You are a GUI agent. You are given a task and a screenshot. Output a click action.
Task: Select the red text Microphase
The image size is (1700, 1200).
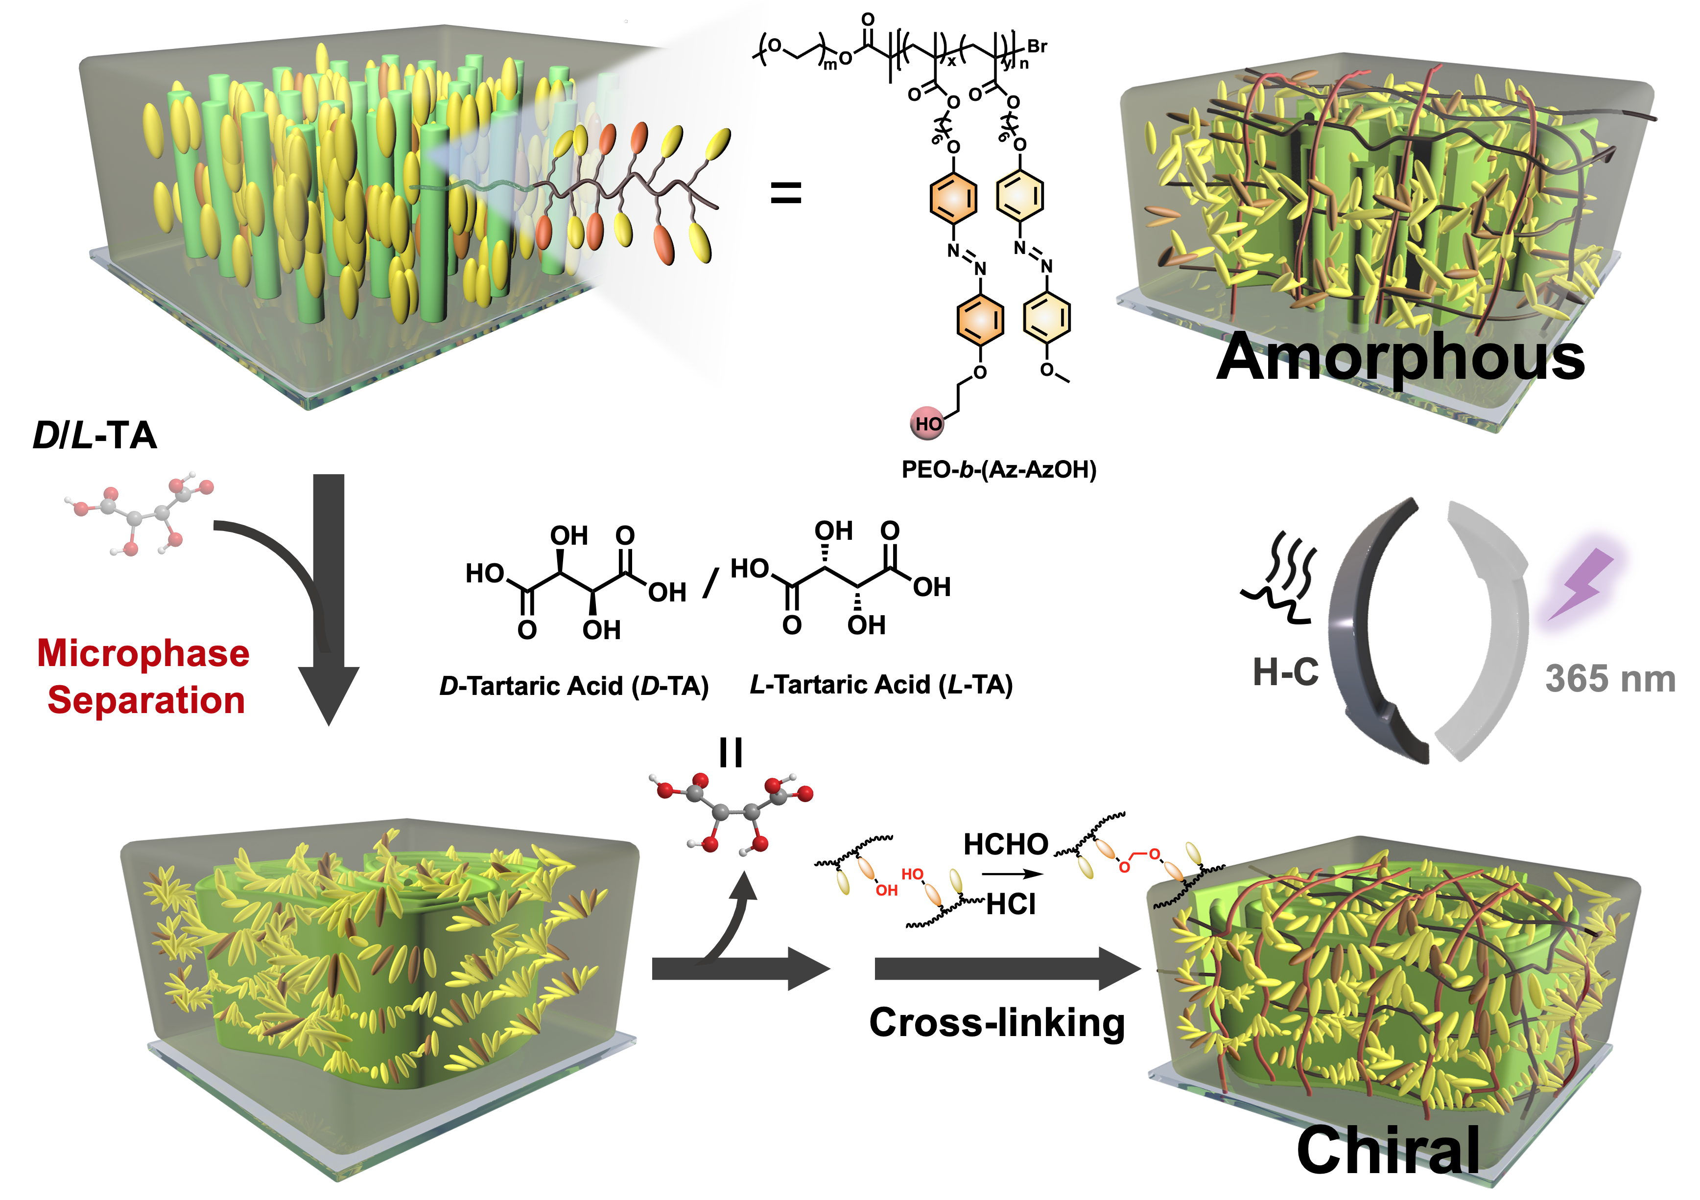tap(143, 654)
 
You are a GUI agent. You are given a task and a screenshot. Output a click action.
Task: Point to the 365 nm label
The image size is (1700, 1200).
tap(1610, 679)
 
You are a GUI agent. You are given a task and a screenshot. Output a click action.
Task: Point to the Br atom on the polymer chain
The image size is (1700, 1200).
tap(1038, 46)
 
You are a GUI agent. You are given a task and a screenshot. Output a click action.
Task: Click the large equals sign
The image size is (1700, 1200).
tap(786, 195)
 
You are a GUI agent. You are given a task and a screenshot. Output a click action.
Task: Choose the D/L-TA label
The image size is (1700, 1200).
tap(95, 435)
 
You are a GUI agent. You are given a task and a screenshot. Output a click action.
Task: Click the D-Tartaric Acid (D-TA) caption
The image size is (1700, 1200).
tap(574, 686)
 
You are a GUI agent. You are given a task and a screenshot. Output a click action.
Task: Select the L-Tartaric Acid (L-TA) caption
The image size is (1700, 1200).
tap(881, 685)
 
